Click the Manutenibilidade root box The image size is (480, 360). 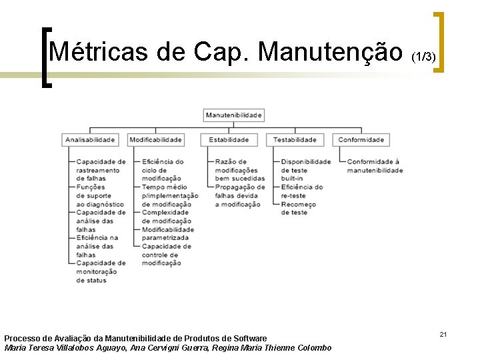[x=233, y=115]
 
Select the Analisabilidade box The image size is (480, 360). [x=90, y=140]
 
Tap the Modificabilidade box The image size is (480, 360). [x=155, y=140]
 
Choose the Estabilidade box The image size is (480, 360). [x=229, y=140]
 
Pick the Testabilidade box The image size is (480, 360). [x=295, y=140]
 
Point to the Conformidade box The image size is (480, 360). [x=361, y=140]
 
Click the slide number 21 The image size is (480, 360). [x=443, y=333]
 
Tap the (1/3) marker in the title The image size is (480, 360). [x=423, y=58]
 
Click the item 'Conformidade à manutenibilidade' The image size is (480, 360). [x=375, y=166]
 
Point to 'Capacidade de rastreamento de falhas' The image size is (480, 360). [x=100, y=170]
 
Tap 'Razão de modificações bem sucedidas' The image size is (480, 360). [x=239, y=170]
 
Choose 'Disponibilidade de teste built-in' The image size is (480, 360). [x=305, y=170]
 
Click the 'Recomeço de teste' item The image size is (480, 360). [x=298, y=208]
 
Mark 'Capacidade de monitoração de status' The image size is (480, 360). [x=100, y=271]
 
